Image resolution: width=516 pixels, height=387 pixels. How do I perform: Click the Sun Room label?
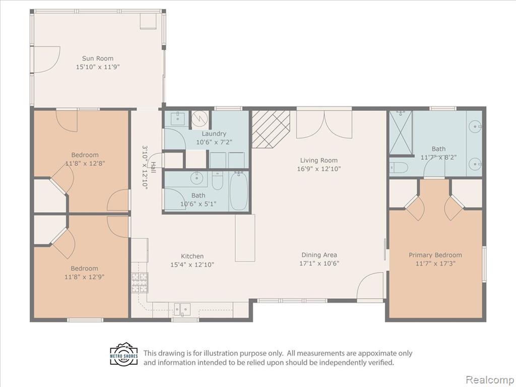[97, 58]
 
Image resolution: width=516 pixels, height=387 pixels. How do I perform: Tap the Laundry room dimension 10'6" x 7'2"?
[214, 142]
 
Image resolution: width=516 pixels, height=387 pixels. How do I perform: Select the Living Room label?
[318, 160]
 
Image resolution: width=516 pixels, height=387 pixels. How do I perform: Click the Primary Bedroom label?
[435, 255]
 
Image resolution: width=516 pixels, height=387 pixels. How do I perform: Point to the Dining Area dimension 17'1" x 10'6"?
[319, 263]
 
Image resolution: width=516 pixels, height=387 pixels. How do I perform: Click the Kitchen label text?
[192, 256]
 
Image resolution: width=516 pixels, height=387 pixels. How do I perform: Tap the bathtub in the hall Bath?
[239, 191]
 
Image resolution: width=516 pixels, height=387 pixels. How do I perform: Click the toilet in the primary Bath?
[399, 167]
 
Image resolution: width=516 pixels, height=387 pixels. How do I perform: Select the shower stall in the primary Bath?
[401, 133]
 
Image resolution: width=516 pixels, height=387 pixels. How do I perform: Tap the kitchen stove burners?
[140, 283]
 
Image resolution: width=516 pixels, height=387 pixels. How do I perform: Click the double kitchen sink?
[182, 309]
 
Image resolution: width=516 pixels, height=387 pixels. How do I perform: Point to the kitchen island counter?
[245, 238]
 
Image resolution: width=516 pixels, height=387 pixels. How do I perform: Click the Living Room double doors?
[324, 124]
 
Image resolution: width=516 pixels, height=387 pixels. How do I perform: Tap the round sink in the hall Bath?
[197, 178]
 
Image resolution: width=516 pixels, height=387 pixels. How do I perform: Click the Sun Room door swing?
[47, 59]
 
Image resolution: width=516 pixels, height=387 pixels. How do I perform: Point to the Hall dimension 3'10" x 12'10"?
[145, 167]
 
